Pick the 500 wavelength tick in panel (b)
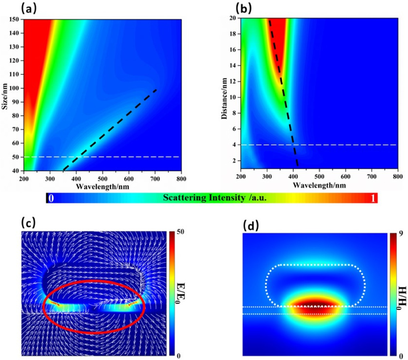319,179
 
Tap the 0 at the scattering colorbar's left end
51,198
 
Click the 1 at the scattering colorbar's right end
373,198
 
